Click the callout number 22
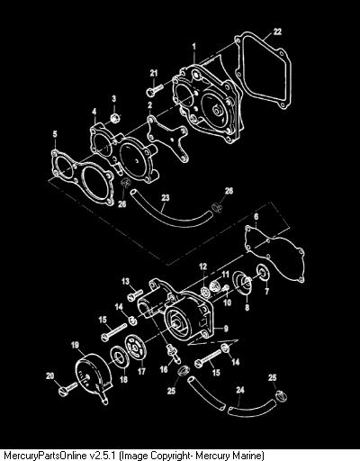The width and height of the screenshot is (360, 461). pos(277,32)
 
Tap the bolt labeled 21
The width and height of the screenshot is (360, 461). pos(155,90)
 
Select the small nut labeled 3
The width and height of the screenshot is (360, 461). pos(114,118)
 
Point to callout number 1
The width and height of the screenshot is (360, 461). pos(194,47)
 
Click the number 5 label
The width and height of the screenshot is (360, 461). pos(55,134)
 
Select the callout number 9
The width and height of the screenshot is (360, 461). pos(226,329)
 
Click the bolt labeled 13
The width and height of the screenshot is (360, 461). pos(135,294)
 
